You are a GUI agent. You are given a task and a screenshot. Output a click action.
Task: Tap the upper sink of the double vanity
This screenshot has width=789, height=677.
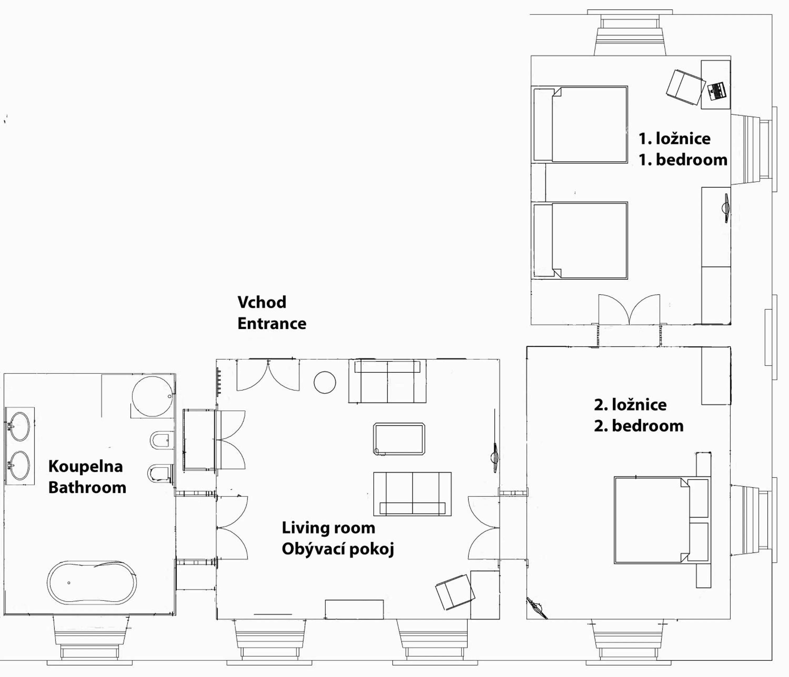(19, 426)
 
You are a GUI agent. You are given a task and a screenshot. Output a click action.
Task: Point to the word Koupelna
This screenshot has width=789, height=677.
(86, 466)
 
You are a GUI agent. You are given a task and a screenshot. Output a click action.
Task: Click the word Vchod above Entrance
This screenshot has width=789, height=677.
(262, 302)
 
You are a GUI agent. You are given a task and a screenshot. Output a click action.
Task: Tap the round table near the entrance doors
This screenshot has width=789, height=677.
(325, 382)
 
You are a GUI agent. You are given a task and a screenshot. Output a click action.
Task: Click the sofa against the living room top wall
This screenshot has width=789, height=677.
(387, 381)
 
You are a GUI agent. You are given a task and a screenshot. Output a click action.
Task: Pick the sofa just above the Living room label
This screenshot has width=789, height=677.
(412, 494)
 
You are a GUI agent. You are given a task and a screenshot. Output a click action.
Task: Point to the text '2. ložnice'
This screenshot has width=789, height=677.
(630, 404)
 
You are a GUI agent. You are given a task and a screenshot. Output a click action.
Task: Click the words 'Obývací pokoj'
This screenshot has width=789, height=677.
(338, 549)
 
